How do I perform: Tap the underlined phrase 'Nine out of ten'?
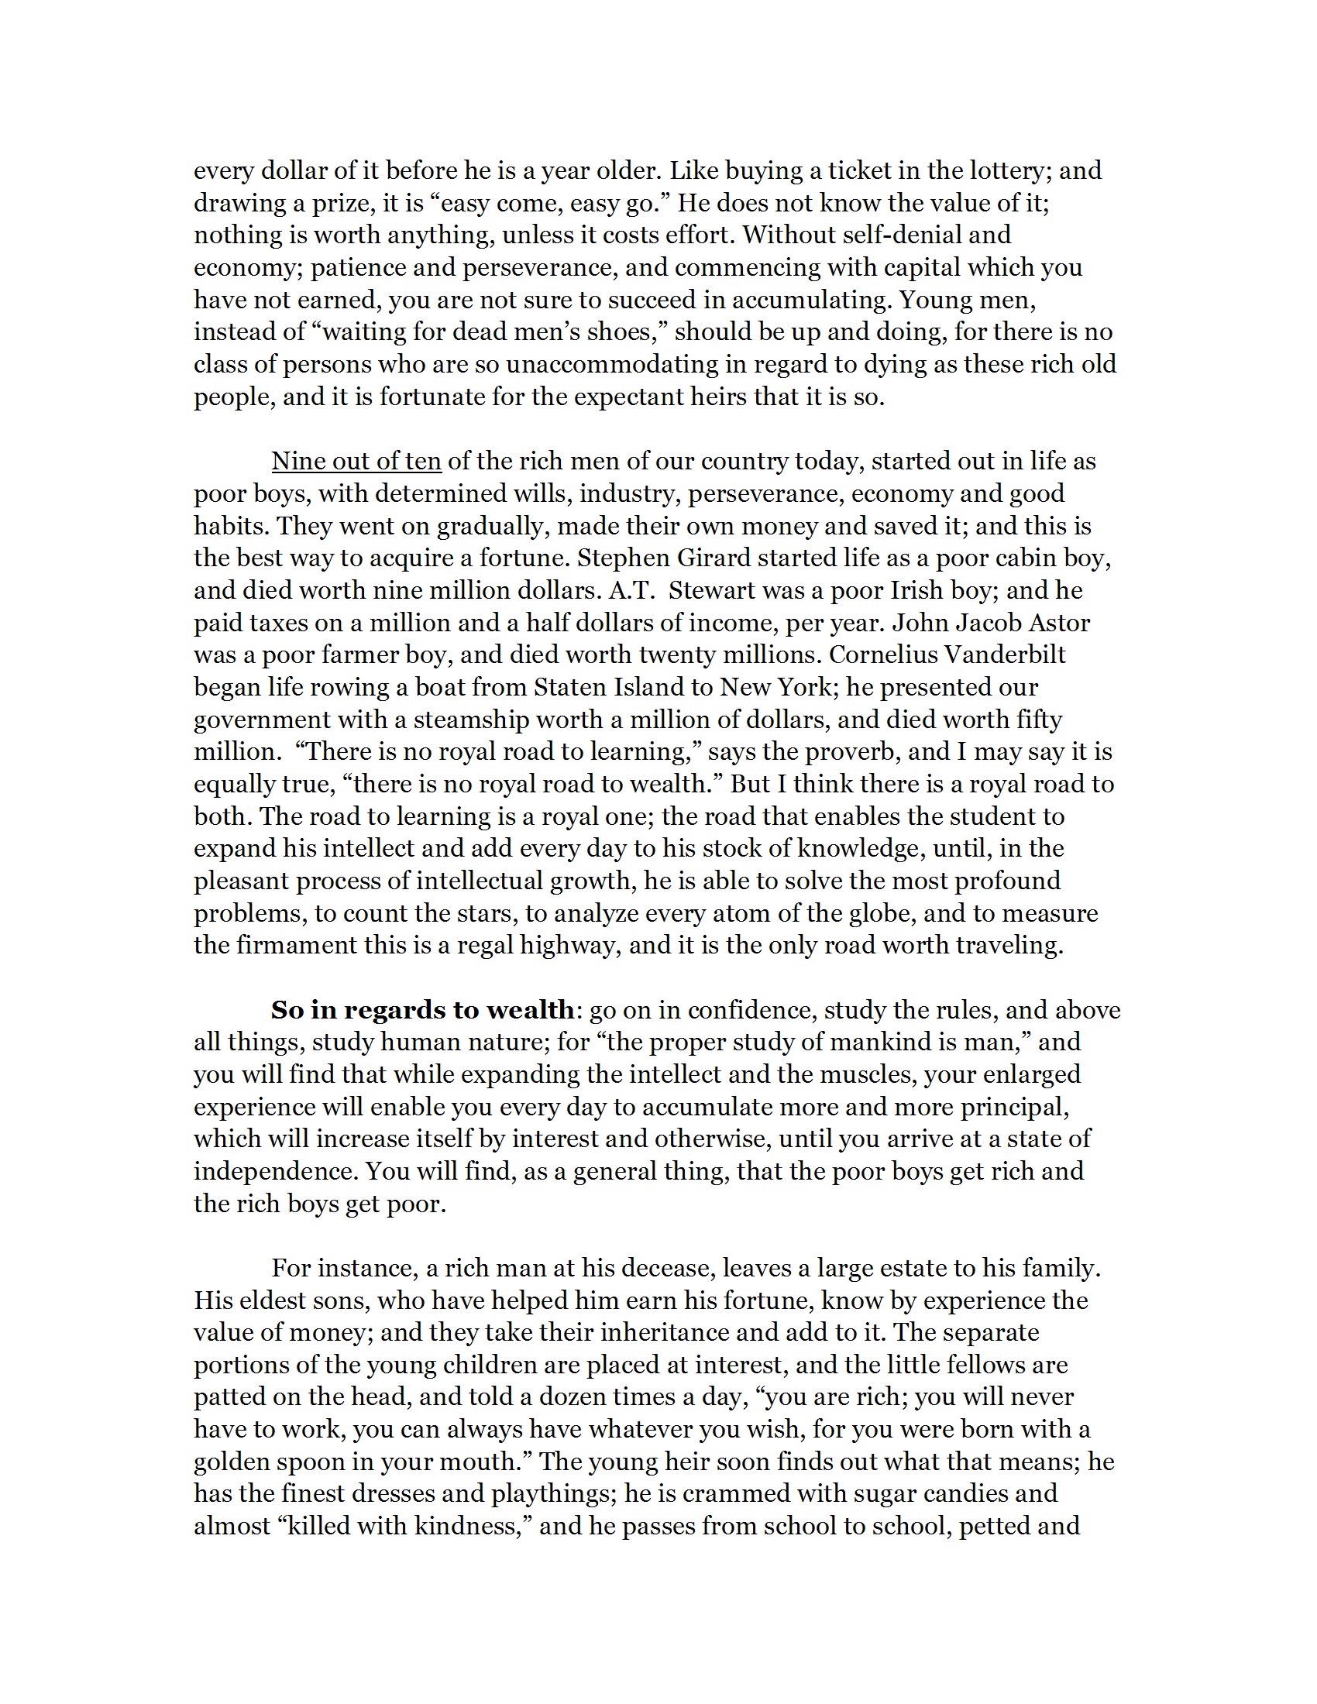point(356,461)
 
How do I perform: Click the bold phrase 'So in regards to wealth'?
point(422,1009)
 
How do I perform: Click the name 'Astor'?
point(1057,623)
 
